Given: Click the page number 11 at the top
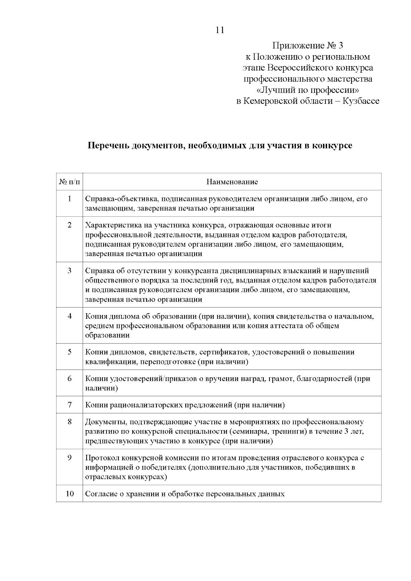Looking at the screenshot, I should pyautogui.click(x=220, y=30).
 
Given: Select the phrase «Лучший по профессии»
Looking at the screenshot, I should pyautogui.click(x=308, y=90).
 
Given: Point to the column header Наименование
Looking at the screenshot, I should pyautogui.click(x=232, y=182).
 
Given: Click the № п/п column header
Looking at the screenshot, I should pyautogui.click(x=70, y=182).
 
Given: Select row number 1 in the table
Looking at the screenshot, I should pyautogui.click(x=70, y=199).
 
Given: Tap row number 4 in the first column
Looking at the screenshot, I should pyautogui.click(x=70, y=316).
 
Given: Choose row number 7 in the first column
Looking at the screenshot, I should pyautogui.click(x=70, y=405).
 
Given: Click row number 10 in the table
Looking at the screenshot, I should pyautogui.click(x=70, y=494).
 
